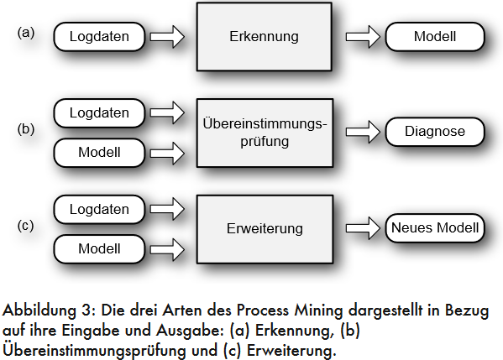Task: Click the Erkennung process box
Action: click(264, 37)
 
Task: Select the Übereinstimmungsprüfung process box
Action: click(265, 133)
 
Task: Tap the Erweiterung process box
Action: click(265, 229)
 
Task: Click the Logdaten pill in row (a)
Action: click(99, 37)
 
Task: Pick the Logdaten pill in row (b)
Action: click(99, 113)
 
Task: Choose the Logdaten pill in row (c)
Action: click(99, 209)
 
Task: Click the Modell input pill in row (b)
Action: click(99, 153)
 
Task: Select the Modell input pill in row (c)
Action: click(99, 249)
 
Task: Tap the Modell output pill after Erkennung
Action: click(435, 37)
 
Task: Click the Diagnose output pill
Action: click(435, 132)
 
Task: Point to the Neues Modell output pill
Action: click(435, 228)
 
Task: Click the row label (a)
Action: click(26, 33)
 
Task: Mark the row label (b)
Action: click(26, 129)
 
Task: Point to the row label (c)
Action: click(25, 226)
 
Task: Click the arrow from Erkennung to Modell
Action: click(363, 37)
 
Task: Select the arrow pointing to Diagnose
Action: click(363, 132)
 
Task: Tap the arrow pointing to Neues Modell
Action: click(363, 228)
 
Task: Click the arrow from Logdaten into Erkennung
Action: click(167, 37)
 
